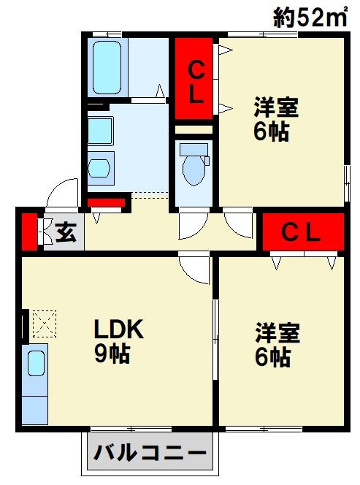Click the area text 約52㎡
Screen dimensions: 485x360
(x=310, y=16)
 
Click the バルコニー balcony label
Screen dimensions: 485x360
(x=150, y=454)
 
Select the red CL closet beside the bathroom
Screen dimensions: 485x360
(x=194, y=81)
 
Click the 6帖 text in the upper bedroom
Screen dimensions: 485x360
(x=272, y=132)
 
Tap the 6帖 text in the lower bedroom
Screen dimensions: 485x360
(x=273, y=357)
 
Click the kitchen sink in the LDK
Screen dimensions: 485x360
(x=34, y=363)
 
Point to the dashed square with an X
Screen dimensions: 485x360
(x=44, y=322)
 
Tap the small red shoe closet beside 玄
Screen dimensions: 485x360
(x=28, y=229)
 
